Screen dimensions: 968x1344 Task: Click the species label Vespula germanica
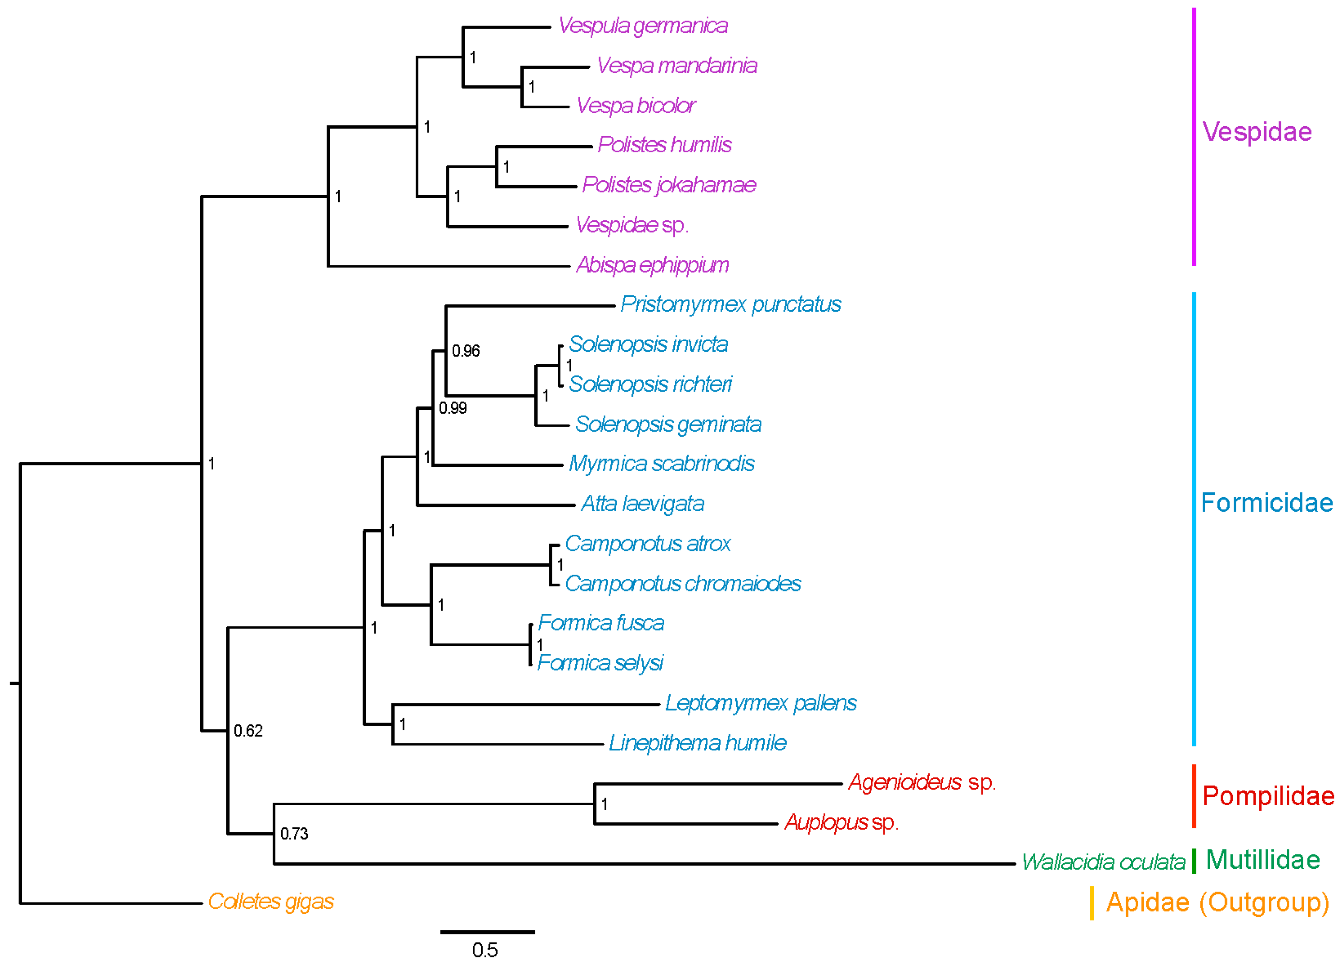click(x=643, y=26)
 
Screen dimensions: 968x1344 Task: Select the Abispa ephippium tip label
click(x=652, y=265)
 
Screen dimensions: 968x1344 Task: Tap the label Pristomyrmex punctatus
click(x=731, y=305)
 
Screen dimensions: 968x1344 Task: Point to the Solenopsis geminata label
click(x=668, y=424)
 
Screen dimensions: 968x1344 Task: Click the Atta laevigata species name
click(x=642, y=504)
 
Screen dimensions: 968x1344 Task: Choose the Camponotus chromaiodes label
click(x=683, y=584)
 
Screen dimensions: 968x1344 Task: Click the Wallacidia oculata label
click(x=1103, y=862)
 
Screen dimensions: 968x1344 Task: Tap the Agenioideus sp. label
click(x=922, y=782)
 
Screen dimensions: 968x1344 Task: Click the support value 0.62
click(x=248, y=731)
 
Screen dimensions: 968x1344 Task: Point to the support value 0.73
click(x=294, y=834)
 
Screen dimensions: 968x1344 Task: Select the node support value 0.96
click(x=466, y=352)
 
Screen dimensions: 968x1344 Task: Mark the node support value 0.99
click(x=453, y=408)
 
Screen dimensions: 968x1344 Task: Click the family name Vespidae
click(x=1257, y=132)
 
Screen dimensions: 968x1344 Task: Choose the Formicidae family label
click(x=1266, y=503)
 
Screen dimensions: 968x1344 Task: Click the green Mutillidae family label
click(x=1263, y=860)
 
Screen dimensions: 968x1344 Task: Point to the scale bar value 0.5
click(x=485, y=950)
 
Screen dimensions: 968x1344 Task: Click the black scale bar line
click(x=487, y=932)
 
